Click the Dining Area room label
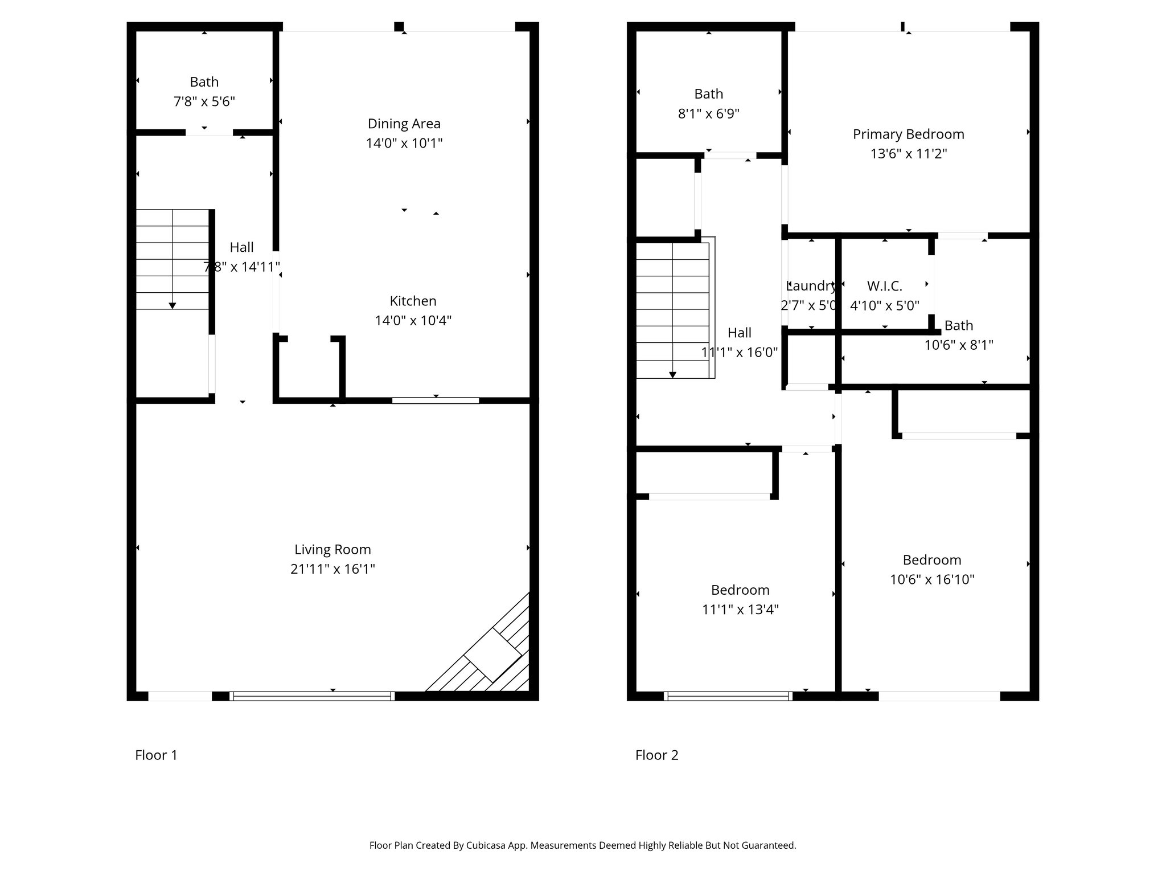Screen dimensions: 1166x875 click(404, 124)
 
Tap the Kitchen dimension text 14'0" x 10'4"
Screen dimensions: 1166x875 click(413, 321)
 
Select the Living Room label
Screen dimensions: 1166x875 click(332, 550)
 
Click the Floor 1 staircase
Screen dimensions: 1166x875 click(173, 259)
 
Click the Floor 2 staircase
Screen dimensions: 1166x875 click(674, 310)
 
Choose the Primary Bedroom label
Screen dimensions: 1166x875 click(909, 134)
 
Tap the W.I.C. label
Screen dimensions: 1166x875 click(885, 286)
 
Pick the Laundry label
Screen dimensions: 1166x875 click(811, 286)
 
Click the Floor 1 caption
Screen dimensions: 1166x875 click(156, 755)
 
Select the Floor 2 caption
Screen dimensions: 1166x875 click(657, 755)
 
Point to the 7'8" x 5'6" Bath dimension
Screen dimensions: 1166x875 click(204, 102)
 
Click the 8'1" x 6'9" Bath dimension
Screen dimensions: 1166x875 click(709, 114)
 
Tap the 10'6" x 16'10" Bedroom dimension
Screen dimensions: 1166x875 click(933, 580)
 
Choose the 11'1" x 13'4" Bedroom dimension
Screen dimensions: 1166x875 click(741, 610)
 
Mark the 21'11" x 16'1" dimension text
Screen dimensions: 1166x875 click(332, 569)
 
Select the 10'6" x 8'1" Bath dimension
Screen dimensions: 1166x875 click(959, 345)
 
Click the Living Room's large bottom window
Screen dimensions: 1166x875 click(312, 696)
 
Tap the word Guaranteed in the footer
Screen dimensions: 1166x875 click(766, 845)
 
